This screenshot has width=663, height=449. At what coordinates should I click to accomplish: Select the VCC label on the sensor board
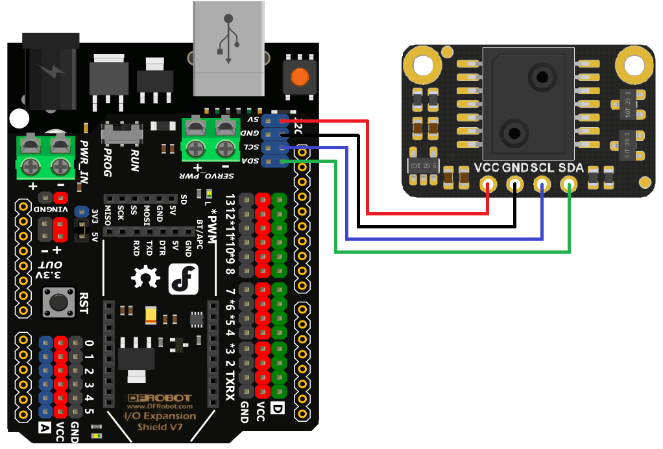tap(487, 168)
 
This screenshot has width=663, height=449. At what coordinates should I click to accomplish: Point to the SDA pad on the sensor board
tap(570, 186)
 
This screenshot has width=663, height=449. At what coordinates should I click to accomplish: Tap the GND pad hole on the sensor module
tap(515, 186)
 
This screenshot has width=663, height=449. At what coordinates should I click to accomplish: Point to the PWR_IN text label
tap(85, 160)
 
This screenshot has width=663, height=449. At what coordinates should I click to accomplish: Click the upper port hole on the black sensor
tap(542, 77)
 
